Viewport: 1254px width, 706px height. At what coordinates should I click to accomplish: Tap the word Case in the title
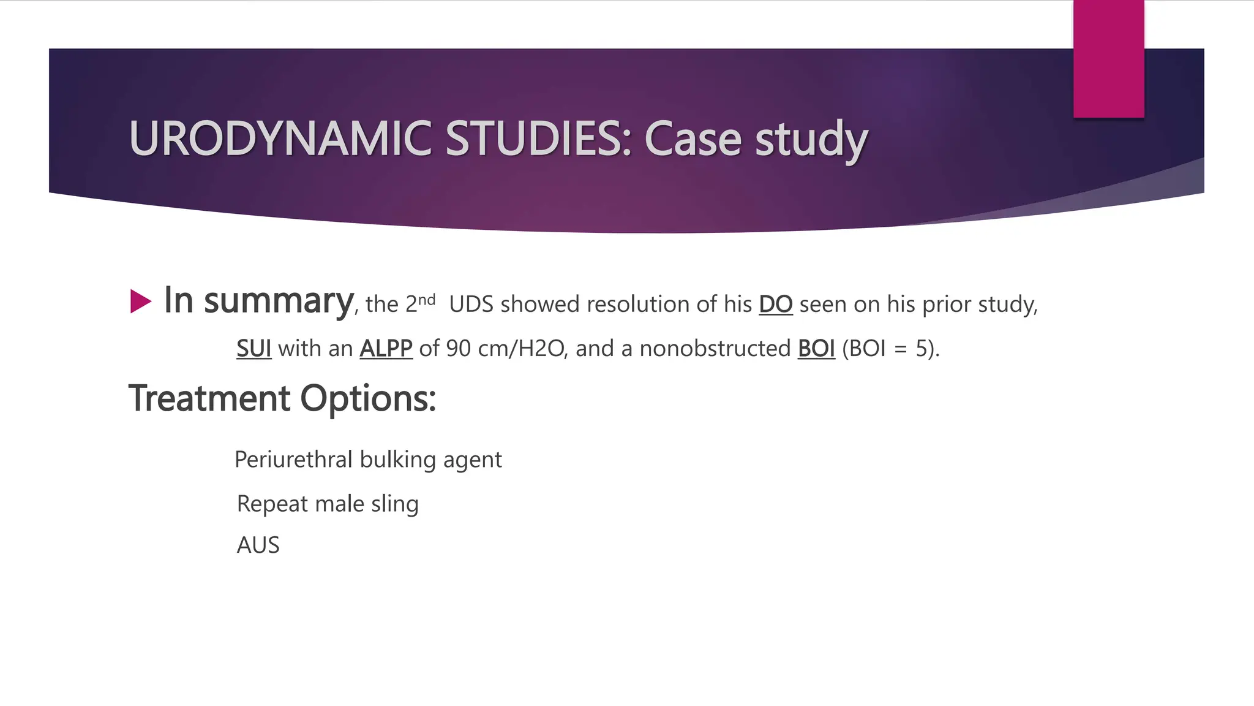[x=694, y=139]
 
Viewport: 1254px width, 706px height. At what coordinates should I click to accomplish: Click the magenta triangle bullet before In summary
[x=140, y=302]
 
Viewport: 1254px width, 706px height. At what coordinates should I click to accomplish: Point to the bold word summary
[x=278, y=302]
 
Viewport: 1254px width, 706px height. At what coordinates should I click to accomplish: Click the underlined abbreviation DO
[x=775, y=304]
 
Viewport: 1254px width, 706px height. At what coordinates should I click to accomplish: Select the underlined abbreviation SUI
[x=253, y=348]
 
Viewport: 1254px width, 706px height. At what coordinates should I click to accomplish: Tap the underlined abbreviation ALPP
[x=386, y=348]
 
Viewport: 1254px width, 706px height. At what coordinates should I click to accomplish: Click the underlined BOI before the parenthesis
[x=816, y=348]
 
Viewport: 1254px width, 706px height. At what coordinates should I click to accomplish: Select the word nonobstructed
[x=715, y=348]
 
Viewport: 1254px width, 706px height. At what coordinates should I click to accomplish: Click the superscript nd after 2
[x=427, y=300]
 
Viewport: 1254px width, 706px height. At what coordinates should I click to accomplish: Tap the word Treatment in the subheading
[x=209, y=398]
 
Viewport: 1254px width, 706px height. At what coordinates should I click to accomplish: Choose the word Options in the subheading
[x=367, y=398]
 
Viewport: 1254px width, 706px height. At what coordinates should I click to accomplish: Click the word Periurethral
[x=293, y=460]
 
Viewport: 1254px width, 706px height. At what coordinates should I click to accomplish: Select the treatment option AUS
[x=258, y=545]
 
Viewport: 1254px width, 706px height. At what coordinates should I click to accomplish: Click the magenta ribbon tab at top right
[x=1108, y=59]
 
